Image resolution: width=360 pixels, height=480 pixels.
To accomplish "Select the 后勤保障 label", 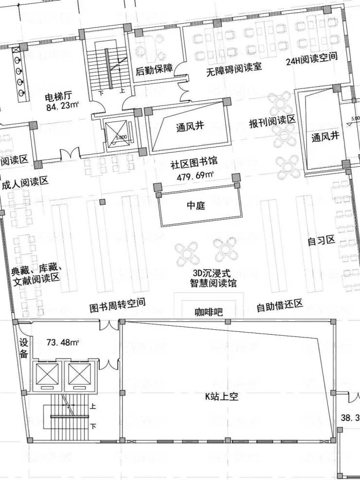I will coord(154,70).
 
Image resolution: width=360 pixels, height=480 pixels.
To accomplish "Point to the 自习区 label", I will coord(322,241).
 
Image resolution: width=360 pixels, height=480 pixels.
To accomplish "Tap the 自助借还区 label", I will coord(280,306).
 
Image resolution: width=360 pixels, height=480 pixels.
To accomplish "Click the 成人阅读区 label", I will coord(25,183).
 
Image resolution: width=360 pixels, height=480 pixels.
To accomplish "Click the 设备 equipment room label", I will coord(24,348).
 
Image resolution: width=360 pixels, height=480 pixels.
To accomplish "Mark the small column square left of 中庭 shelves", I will coord(102,202).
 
